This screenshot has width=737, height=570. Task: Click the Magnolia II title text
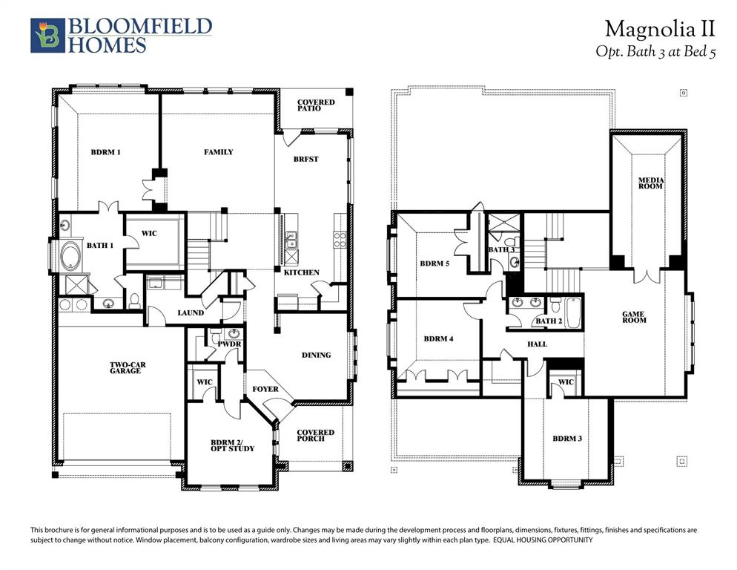coord(659,29)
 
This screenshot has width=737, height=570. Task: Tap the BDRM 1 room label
coord(106,152)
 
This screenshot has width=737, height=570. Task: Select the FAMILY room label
coord(219,152)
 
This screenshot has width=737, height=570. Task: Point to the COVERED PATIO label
coord(316,105)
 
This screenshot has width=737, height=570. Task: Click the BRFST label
coord(305,159)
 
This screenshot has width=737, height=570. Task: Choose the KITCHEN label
coord(302,272)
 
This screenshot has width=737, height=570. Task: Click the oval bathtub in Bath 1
coord(72,255)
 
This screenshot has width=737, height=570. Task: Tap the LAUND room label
coord(191,312)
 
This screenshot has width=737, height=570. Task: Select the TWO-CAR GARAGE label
coord(126,367)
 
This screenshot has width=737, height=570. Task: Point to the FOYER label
coord(265,389)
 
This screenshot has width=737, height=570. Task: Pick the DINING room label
coord(317,355)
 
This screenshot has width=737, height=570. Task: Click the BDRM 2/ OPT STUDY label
coord(232,445)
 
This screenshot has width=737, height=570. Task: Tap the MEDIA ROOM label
coord(652,183)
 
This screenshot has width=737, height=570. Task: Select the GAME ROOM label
coord(634,317)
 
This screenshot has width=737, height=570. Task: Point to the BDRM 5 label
coord(434,263)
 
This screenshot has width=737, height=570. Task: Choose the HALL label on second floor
coord(537,344)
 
